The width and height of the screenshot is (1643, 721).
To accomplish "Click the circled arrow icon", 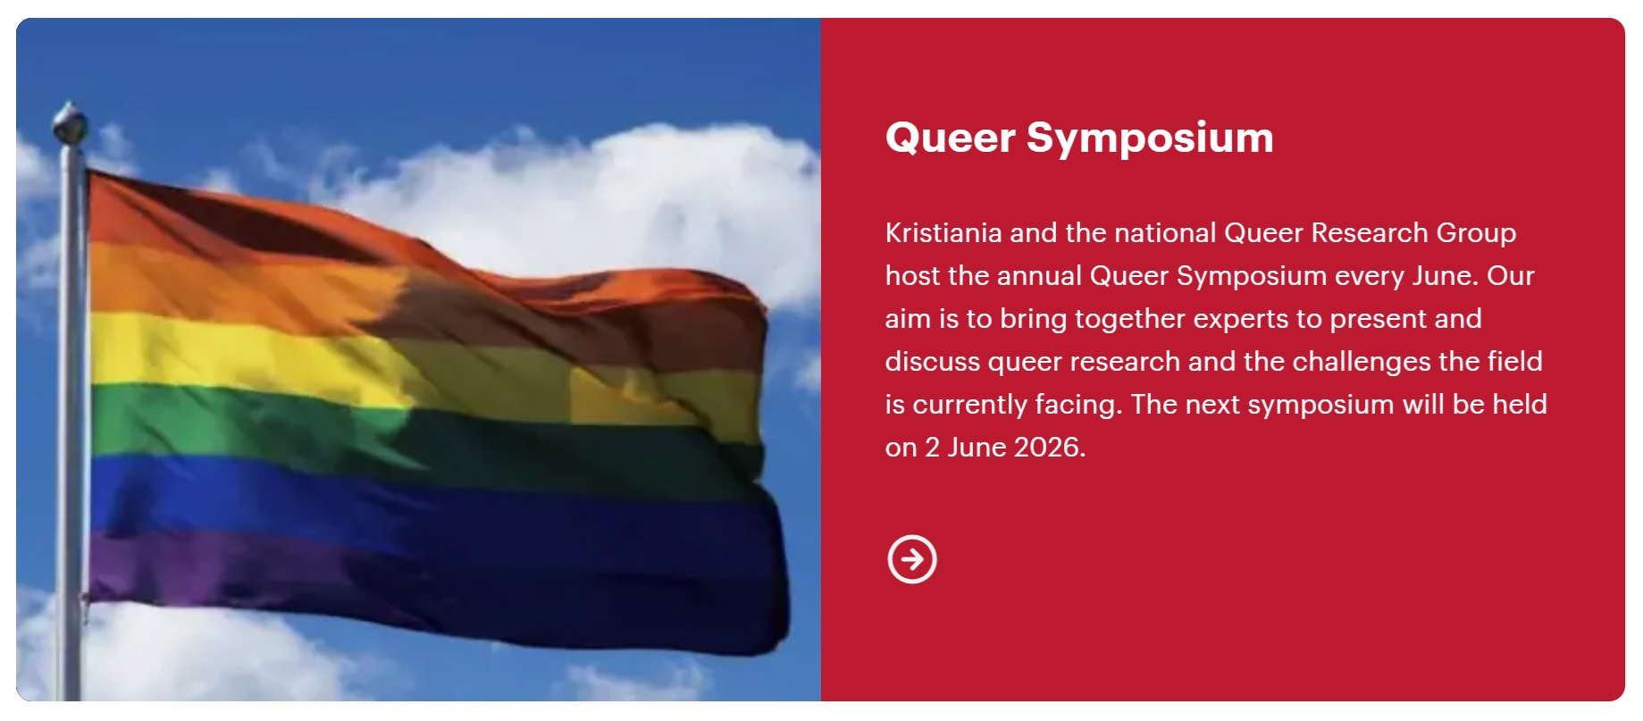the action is click(x=911, y=559).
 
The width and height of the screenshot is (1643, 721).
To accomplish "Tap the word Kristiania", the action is click(x=943, y=233).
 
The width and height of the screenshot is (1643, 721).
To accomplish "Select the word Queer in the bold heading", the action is click(x=951, y=138).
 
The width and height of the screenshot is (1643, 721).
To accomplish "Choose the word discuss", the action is click(x=933, y=362).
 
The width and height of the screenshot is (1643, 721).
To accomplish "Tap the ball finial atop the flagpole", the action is click(x=70, y=122).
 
